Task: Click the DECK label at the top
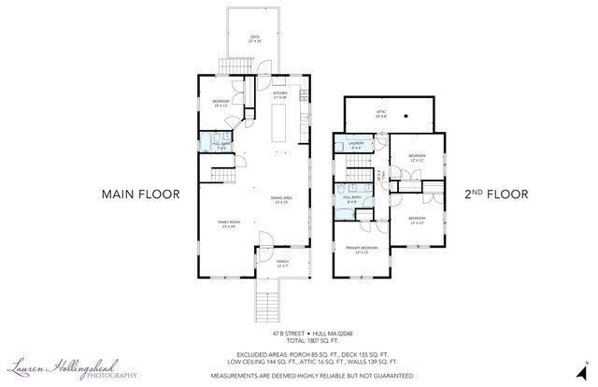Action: (x=253, y=38)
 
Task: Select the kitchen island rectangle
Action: (x=279, y=122)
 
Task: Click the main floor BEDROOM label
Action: (x=221, y=102)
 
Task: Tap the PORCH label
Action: (x=282, y=263)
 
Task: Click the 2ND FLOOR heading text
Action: (x=496, y=194)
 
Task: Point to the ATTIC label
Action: (x=381, y=113)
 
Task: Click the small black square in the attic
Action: (x=406, y=117)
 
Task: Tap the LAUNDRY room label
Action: (x=356, y=145)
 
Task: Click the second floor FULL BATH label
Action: (x=352, y=198)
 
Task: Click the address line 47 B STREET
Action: (x=298, y=332)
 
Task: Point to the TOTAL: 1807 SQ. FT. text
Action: (x=298, y=339)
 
